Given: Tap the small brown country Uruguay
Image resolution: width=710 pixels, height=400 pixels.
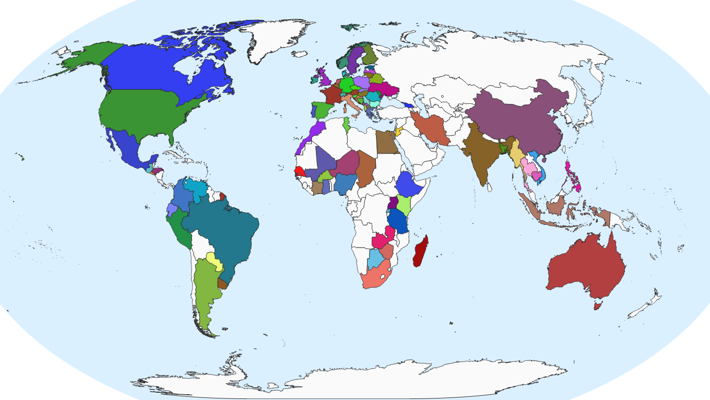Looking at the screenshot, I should click(223, 284).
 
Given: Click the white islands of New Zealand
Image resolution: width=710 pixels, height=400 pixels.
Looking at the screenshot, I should click(642, 308).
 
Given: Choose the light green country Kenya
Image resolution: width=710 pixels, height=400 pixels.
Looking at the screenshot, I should click(404, 205).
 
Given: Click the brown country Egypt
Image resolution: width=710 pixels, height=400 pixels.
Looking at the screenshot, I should click(386, 142).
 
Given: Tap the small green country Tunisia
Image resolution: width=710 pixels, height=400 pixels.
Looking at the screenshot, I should click(346, 125).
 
